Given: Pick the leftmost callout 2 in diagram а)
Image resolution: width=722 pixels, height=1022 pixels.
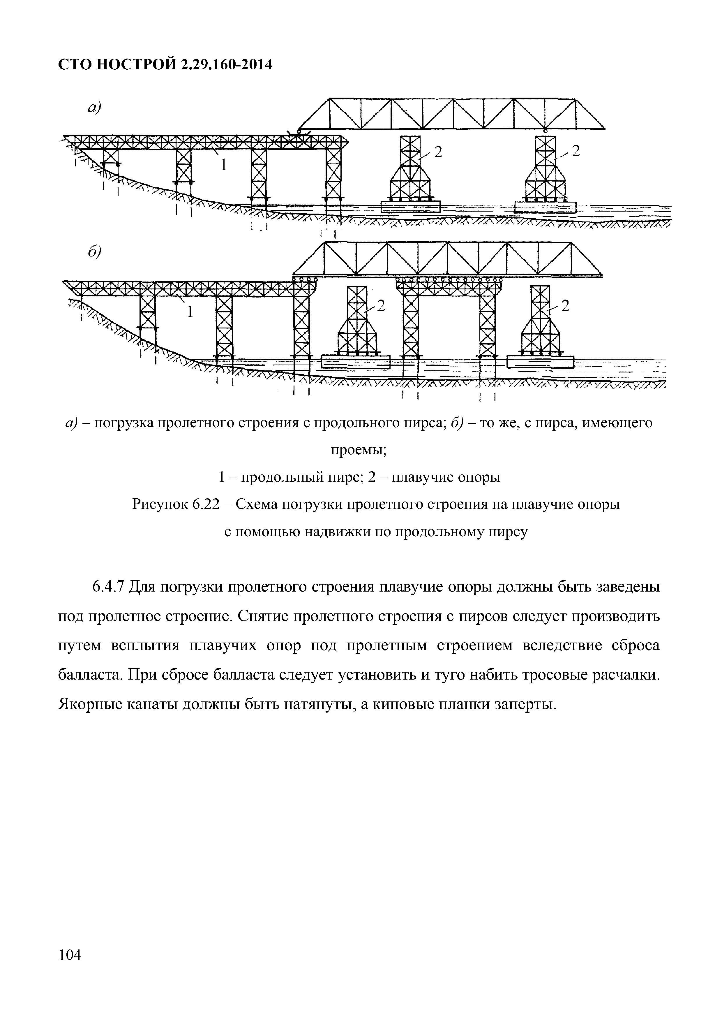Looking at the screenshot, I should pyautogui.click(x=439, y=152).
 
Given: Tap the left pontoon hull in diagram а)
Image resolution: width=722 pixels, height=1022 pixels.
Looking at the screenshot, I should pyautogui.click(x=410, y=207).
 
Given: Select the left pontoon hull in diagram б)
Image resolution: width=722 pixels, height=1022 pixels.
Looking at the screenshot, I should pyautogui.click(x=355, y=362).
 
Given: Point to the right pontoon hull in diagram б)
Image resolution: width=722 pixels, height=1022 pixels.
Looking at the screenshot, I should pyautogui.click(x=540, y=362).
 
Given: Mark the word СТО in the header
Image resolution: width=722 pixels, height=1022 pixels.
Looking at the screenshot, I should pyautogui.click(x=74, y=66).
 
